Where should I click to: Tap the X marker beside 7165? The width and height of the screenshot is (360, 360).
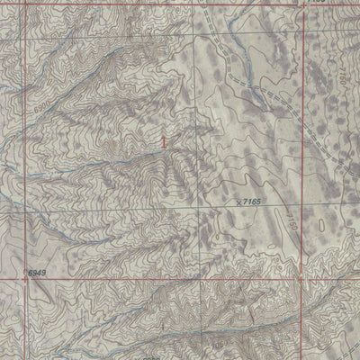238,203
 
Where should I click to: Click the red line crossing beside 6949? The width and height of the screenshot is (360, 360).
25,278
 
